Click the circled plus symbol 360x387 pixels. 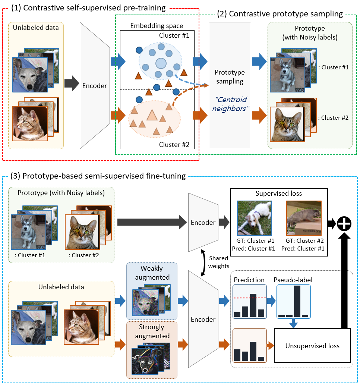coord(344,224)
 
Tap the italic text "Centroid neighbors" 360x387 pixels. coord(230,104)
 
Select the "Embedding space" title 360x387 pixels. coord(157,25)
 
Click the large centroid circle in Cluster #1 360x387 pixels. coord(161,63)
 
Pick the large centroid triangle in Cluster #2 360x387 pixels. coord(151,114)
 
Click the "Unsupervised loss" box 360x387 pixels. coord(312,346)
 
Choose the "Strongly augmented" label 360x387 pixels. coord(151,331)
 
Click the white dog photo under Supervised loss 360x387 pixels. coord(254,218)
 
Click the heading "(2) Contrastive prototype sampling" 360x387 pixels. coord(285,14)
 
